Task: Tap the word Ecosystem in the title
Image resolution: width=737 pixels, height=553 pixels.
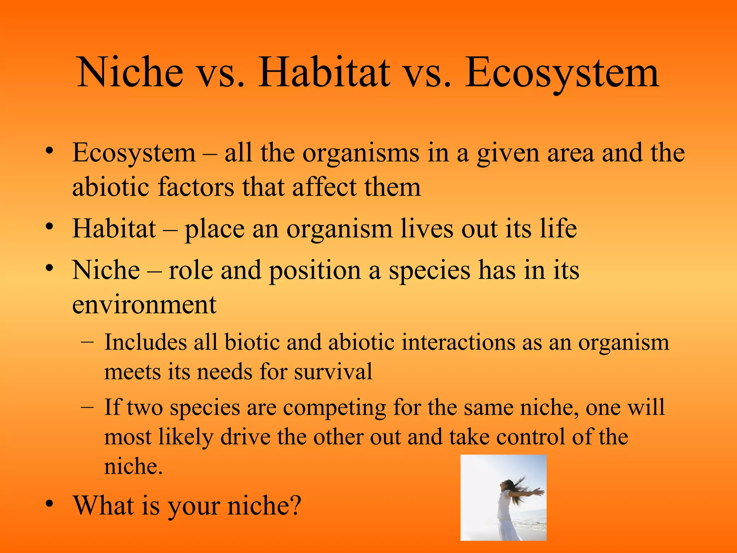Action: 562,73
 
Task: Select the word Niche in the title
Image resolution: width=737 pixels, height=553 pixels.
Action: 130,73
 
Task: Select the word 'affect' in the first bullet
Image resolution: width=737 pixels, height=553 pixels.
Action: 325,187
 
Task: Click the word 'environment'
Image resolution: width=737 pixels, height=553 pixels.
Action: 144,305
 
